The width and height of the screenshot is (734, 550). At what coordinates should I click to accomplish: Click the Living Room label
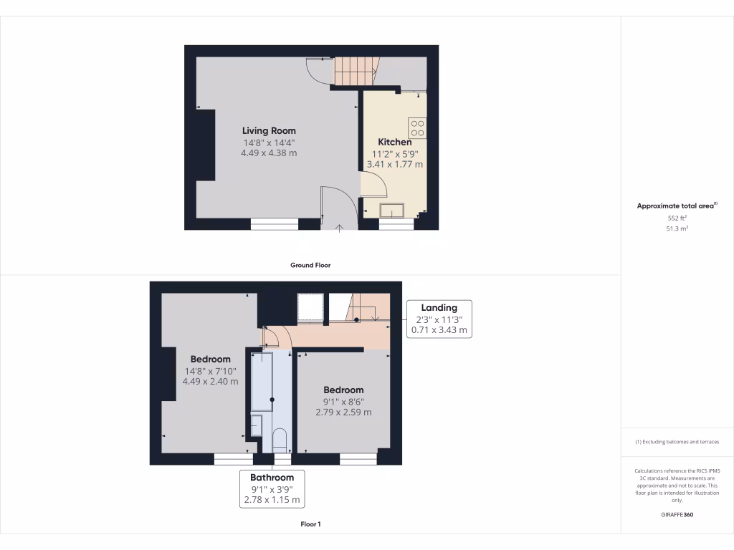tap(269, 130)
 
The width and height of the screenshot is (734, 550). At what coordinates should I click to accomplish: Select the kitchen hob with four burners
tap(417, 128)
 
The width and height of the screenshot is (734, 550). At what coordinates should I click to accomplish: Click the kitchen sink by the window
tap(392, 209)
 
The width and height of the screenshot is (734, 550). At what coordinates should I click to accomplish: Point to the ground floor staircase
tap(356, 72)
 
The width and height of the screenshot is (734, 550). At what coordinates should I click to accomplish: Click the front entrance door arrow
tap(340, 228)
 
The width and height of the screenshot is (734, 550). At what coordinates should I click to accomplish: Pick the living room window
tap(275, 224)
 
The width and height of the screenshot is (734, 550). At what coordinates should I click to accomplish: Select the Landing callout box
tap(439, 319)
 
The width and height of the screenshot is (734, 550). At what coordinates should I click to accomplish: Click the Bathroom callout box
tap(272, 488)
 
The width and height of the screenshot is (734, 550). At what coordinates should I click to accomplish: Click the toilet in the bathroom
tap(280, 439)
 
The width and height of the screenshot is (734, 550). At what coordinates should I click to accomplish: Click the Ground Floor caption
tap(310, 265)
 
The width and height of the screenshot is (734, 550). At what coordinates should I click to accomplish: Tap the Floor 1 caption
tap(310, 524)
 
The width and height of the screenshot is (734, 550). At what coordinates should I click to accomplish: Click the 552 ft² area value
tap(677, 217)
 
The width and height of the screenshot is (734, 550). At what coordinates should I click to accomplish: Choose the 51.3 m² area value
tap(677, 228)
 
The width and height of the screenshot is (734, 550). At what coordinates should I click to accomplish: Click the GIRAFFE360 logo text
tap(677, 515)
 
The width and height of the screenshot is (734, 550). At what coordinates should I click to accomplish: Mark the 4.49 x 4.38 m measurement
tap(269, 153)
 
